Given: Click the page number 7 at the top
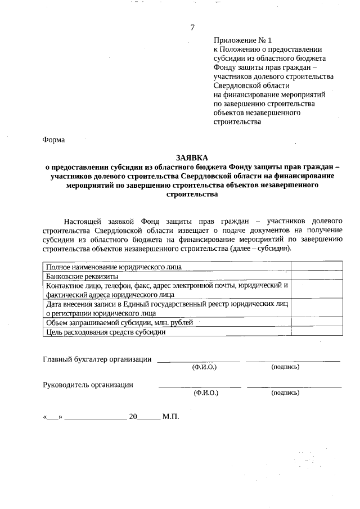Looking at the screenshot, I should pyautogui.click(x=192, y=28).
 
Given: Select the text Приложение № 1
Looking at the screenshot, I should pyautogui.click(x=242, y=40).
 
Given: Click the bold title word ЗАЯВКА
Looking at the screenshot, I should pyautogui.click(x=192, y=159).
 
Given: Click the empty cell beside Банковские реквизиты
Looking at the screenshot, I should pyautogui.click(x=317, y=277).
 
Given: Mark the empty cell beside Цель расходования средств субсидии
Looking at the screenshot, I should pyautogui.click(x=317, y=332).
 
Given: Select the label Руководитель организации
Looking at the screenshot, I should pyautogui.click(x=88, y=385).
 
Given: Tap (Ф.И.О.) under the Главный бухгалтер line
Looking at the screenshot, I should pyautogui.click(x=204, y=367).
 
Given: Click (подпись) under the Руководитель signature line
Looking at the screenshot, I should pyautogui.click(x=285, y=393).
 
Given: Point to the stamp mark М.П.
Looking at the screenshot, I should pyautogui.click(x=170, y=417).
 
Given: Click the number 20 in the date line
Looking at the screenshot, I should pyautogui.click(x=133, y=417).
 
